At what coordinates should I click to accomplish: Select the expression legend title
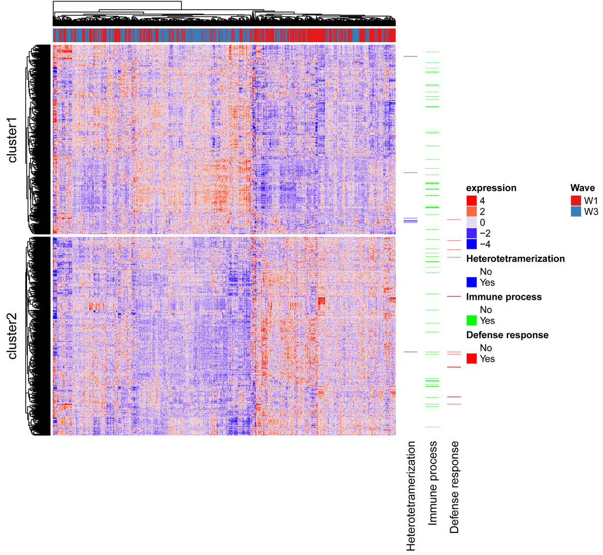[x=491, y=188]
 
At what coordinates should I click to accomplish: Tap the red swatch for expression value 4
[x=471, y=201]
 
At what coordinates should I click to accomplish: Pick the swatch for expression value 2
[x=471, y=212]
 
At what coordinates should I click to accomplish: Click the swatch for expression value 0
[x=471, y=223]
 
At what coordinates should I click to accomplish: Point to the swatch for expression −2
[x=471, y=233]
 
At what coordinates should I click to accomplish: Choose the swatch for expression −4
[x=471, y=244]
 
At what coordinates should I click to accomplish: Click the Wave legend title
[x=582, y=188]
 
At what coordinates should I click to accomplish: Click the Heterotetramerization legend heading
[x=515, y=259]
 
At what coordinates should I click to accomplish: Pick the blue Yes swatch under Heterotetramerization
[x=471, y=283]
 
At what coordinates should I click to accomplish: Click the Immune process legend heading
[x=504, y=297]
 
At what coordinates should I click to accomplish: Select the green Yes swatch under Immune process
[x=471, y=321]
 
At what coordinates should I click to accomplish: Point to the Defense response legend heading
[x=507, y=335]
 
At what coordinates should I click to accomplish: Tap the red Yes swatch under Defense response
[x=471, y=359]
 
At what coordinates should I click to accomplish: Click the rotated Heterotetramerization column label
[x=411, y=495]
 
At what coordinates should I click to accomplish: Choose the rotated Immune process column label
[x=433, y=483]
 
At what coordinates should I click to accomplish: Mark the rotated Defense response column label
[x=454, y=487]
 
